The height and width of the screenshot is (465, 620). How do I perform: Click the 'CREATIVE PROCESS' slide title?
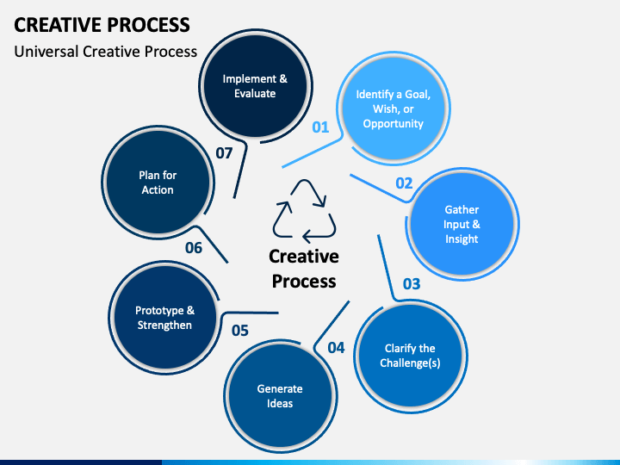click(102, 24)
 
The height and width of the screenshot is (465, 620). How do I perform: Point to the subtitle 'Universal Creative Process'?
click(106, 52)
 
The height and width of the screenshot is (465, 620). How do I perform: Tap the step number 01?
click(320, 127)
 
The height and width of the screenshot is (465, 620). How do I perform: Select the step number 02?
click(404, 183)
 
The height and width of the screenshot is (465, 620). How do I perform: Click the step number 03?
click(412, 284)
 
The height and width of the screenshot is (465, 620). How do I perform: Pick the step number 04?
click(336, 348)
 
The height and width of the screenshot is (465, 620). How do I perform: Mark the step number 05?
click(240, 331)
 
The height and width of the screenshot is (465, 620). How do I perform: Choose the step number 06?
click(194, 248)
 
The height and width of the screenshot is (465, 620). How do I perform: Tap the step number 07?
click(224, 153)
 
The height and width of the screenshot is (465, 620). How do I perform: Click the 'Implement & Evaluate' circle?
click(255, 86)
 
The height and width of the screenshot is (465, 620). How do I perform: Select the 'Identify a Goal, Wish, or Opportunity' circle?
click(394, 108)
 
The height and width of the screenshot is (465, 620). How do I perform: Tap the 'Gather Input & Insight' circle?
click(462, 224)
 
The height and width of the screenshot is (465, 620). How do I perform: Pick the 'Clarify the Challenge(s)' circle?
click(410, 356)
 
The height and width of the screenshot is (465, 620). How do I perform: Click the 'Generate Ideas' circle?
click(280, 396)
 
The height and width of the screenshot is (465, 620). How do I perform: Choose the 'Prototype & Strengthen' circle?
click(164, 318)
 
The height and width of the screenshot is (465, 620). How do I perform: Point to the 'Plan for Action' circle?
click(158, 183)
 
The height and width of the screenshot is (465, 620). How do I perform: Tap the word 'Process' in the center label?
click(304, 282)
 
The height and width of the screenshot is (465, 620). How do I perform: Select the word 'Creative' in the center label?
click(304, 257)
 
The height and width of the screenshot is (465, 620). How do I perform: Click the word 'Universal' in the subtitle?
click(46, 52)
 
